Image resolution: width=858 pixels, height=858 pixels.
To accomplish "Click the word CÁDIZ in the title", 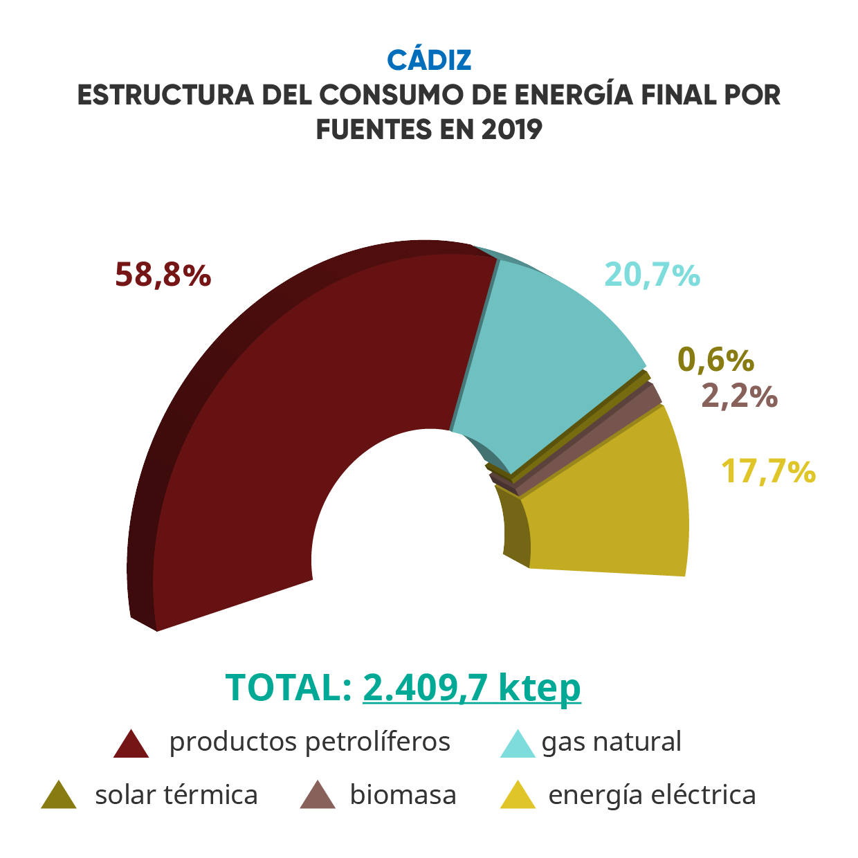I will coord(429,60).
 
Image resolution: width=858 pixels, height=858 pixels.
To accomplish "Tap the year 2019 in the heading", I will coord(512,129).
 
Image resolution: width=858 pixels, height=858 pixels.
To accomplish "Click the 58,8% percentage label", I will coord(163,275).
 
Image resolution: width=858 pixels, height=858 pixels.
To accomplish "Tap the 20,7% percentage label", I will coord(652,275).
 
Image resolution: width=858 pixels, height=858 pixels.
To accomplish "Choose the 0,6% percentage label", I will coord(715,360).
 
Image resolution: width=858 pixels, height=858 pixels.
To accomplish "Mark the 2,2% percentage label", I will coord(739,396).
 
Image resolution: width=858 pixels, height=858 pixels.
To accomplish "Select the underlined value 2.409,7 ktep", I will coord(471,687).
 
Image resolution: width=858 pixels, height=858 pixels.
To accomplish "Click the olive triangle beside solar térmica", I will coord(59,796).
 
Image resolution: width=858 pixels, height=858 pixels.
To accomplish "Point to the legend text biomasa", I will coord(403,795).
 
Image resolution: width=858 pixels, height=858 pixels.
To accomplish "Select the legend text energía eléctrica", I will coord(652,795).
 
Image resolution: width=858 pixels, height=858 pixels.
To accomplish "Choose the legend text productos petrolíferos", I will coord(309,742).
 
